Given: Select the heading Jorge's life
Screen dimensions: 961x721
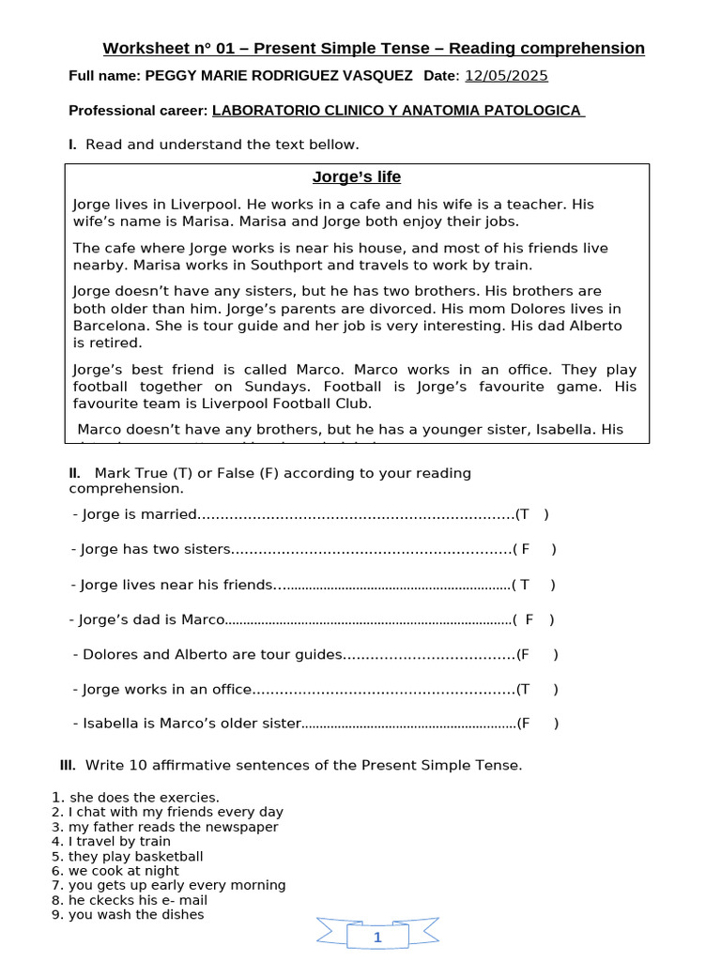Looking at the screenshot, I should tap(356, 176).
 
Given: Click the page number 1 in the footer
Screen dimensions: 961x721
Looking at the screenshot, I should tap(377, 938).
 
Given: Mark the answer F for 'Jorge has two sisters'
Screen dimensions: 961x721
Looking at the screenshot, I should tap(526, 549).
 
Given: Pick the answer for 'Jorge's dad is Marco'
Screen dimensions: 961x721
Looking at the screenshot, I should tap(529, 619).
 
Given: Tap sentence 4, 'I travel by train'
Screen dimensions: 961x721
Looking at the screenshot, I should tap(119, 842).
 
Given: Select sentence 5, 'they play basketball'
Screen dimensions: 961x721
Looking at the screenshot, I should tap(135, 857).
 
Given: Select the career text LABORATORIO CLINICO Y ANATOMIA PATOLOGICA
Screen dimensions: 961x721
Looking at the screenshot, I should tap(397, 111).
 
